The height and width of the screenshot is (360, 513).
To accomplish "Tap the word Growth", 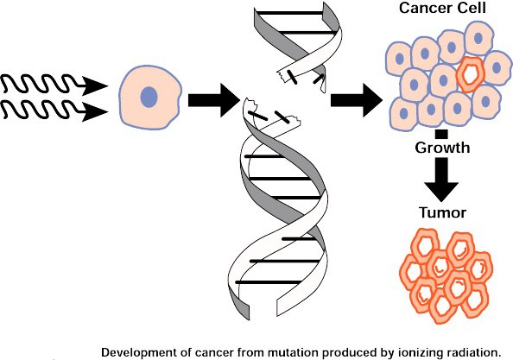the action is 442,148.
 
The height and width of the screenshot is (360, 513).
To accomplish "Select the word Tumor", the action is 443,212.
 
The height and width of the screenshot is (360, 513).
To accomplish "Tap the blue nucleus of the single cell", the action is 149,97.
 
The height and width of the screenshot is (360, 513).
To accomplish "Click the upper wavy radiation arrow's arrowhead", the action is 95,86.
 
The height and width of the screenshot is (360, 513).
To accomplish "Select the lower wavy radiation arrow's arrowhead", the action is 95,112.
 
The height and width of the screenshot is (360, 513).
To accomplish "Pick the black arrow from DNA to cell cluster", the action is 357,100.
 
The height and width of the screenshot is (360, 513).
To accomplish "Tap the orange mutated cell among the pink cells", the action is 470,74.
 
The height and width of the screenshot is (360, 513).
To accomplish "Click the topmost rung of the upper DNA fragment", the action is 290,13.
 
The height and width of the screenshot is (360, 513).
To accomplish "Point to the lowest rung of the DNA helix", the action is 269,282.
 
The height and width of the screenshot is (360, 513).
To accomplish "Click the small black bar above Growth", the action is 441,135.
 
